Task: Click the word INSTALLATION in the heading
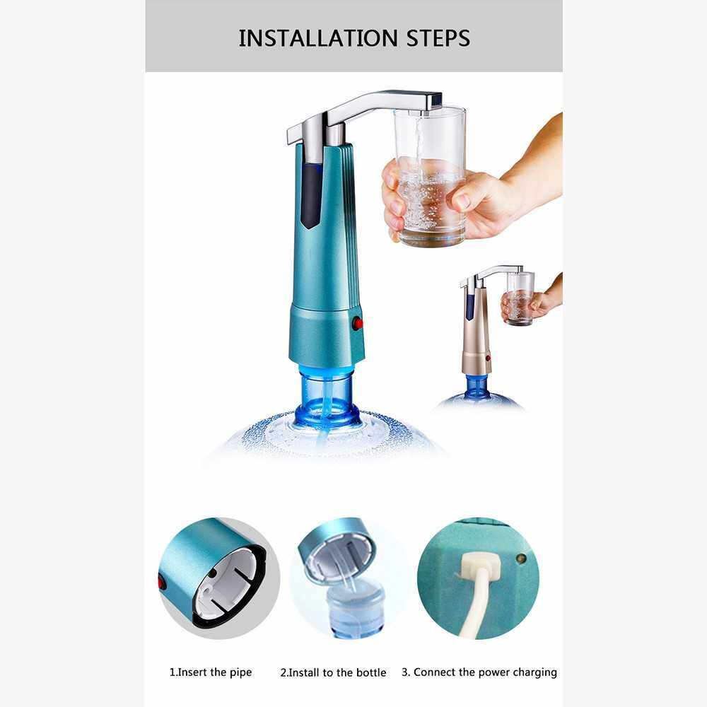[318, 38]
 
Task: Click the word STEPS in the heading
[438, 38]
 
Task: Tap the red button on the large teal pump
[358, 323]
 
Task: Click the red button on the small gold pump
[488, 358]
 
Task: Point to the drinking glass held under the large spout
[430, 177]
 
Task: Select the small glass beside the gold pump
[520, 298]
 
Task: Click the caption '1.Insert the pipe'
[211, 672]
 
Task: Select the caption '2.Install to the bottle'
[333, 673]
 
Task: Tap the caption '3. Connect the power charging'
[479, 672]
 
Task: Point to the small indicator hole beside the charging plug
[521, 559]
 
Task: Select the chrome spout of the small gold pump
[491, 274]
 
